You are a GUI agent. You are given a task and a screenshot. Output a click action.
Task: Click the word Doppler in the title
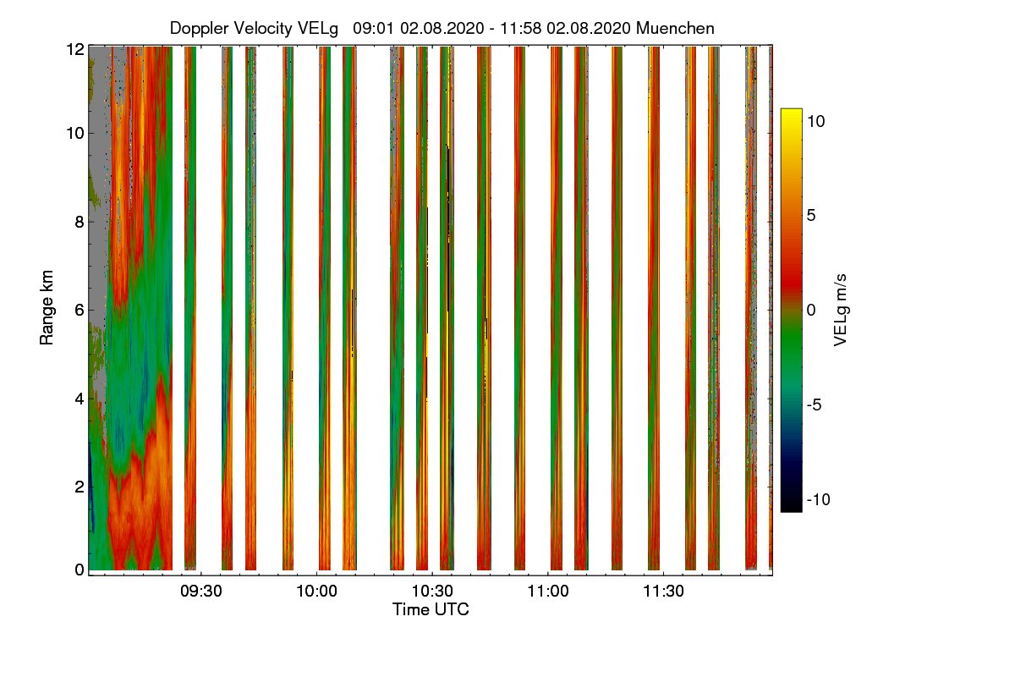[x=199, y=29]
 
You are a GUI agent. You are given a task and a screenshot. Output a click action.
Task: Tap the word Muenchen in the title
[x=675, y=28]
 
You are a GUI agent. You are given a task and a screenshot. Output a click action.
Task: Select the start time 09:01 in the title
[x=372, y=28]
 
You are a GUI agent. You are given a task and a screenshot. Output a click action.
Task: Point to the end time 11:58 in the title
[x=520, y=28]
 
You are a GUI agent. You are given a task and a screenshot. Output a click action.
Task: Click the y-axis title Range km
[x=47, y=308]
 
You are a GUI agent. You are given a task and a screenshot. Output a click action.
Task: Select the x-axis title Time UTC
[x=431, y=609]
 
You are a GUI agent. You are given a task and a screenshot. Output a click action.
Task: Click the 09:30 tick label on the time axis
[x=200, y=591]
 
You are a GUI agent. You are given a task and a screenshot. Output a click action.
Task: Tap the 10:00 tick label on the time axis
[x=316, y=591]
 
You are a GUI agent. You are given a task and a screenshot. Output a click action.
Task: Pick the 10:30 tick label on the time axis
[x=432, y=591]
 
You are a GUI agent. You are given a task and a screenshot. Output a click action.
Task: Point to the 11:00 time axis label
[x=548, y=591]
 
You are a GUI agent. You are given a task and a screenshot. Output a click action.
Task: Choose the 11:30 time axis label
[x=663, y=591]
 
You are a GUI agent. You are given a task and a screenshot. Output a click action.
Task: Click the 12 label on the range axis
[x=75, y=49]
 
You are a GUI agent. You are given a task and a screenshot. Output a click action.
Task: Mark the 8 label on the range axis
[x=80, y=222]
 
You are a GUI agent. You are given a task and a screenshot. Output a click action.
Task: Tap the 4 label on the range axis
[x=80, y=399]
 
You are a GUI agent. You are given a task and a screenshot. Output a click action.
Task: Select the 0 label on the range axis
[x=80, y=570]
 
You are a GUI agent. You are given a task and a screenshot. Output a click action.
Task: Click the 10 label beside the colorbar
[x=815, y=121]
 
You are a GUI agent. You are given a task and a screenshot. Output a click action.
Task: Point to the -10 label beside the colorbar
[x=819, y=499]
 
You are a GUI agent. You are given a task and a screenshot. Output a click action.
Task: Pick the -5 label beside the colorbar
[x=814, y=405]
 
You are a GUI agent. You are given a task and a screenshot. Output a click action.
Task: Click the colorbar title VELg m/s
[x=840, y=311]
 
